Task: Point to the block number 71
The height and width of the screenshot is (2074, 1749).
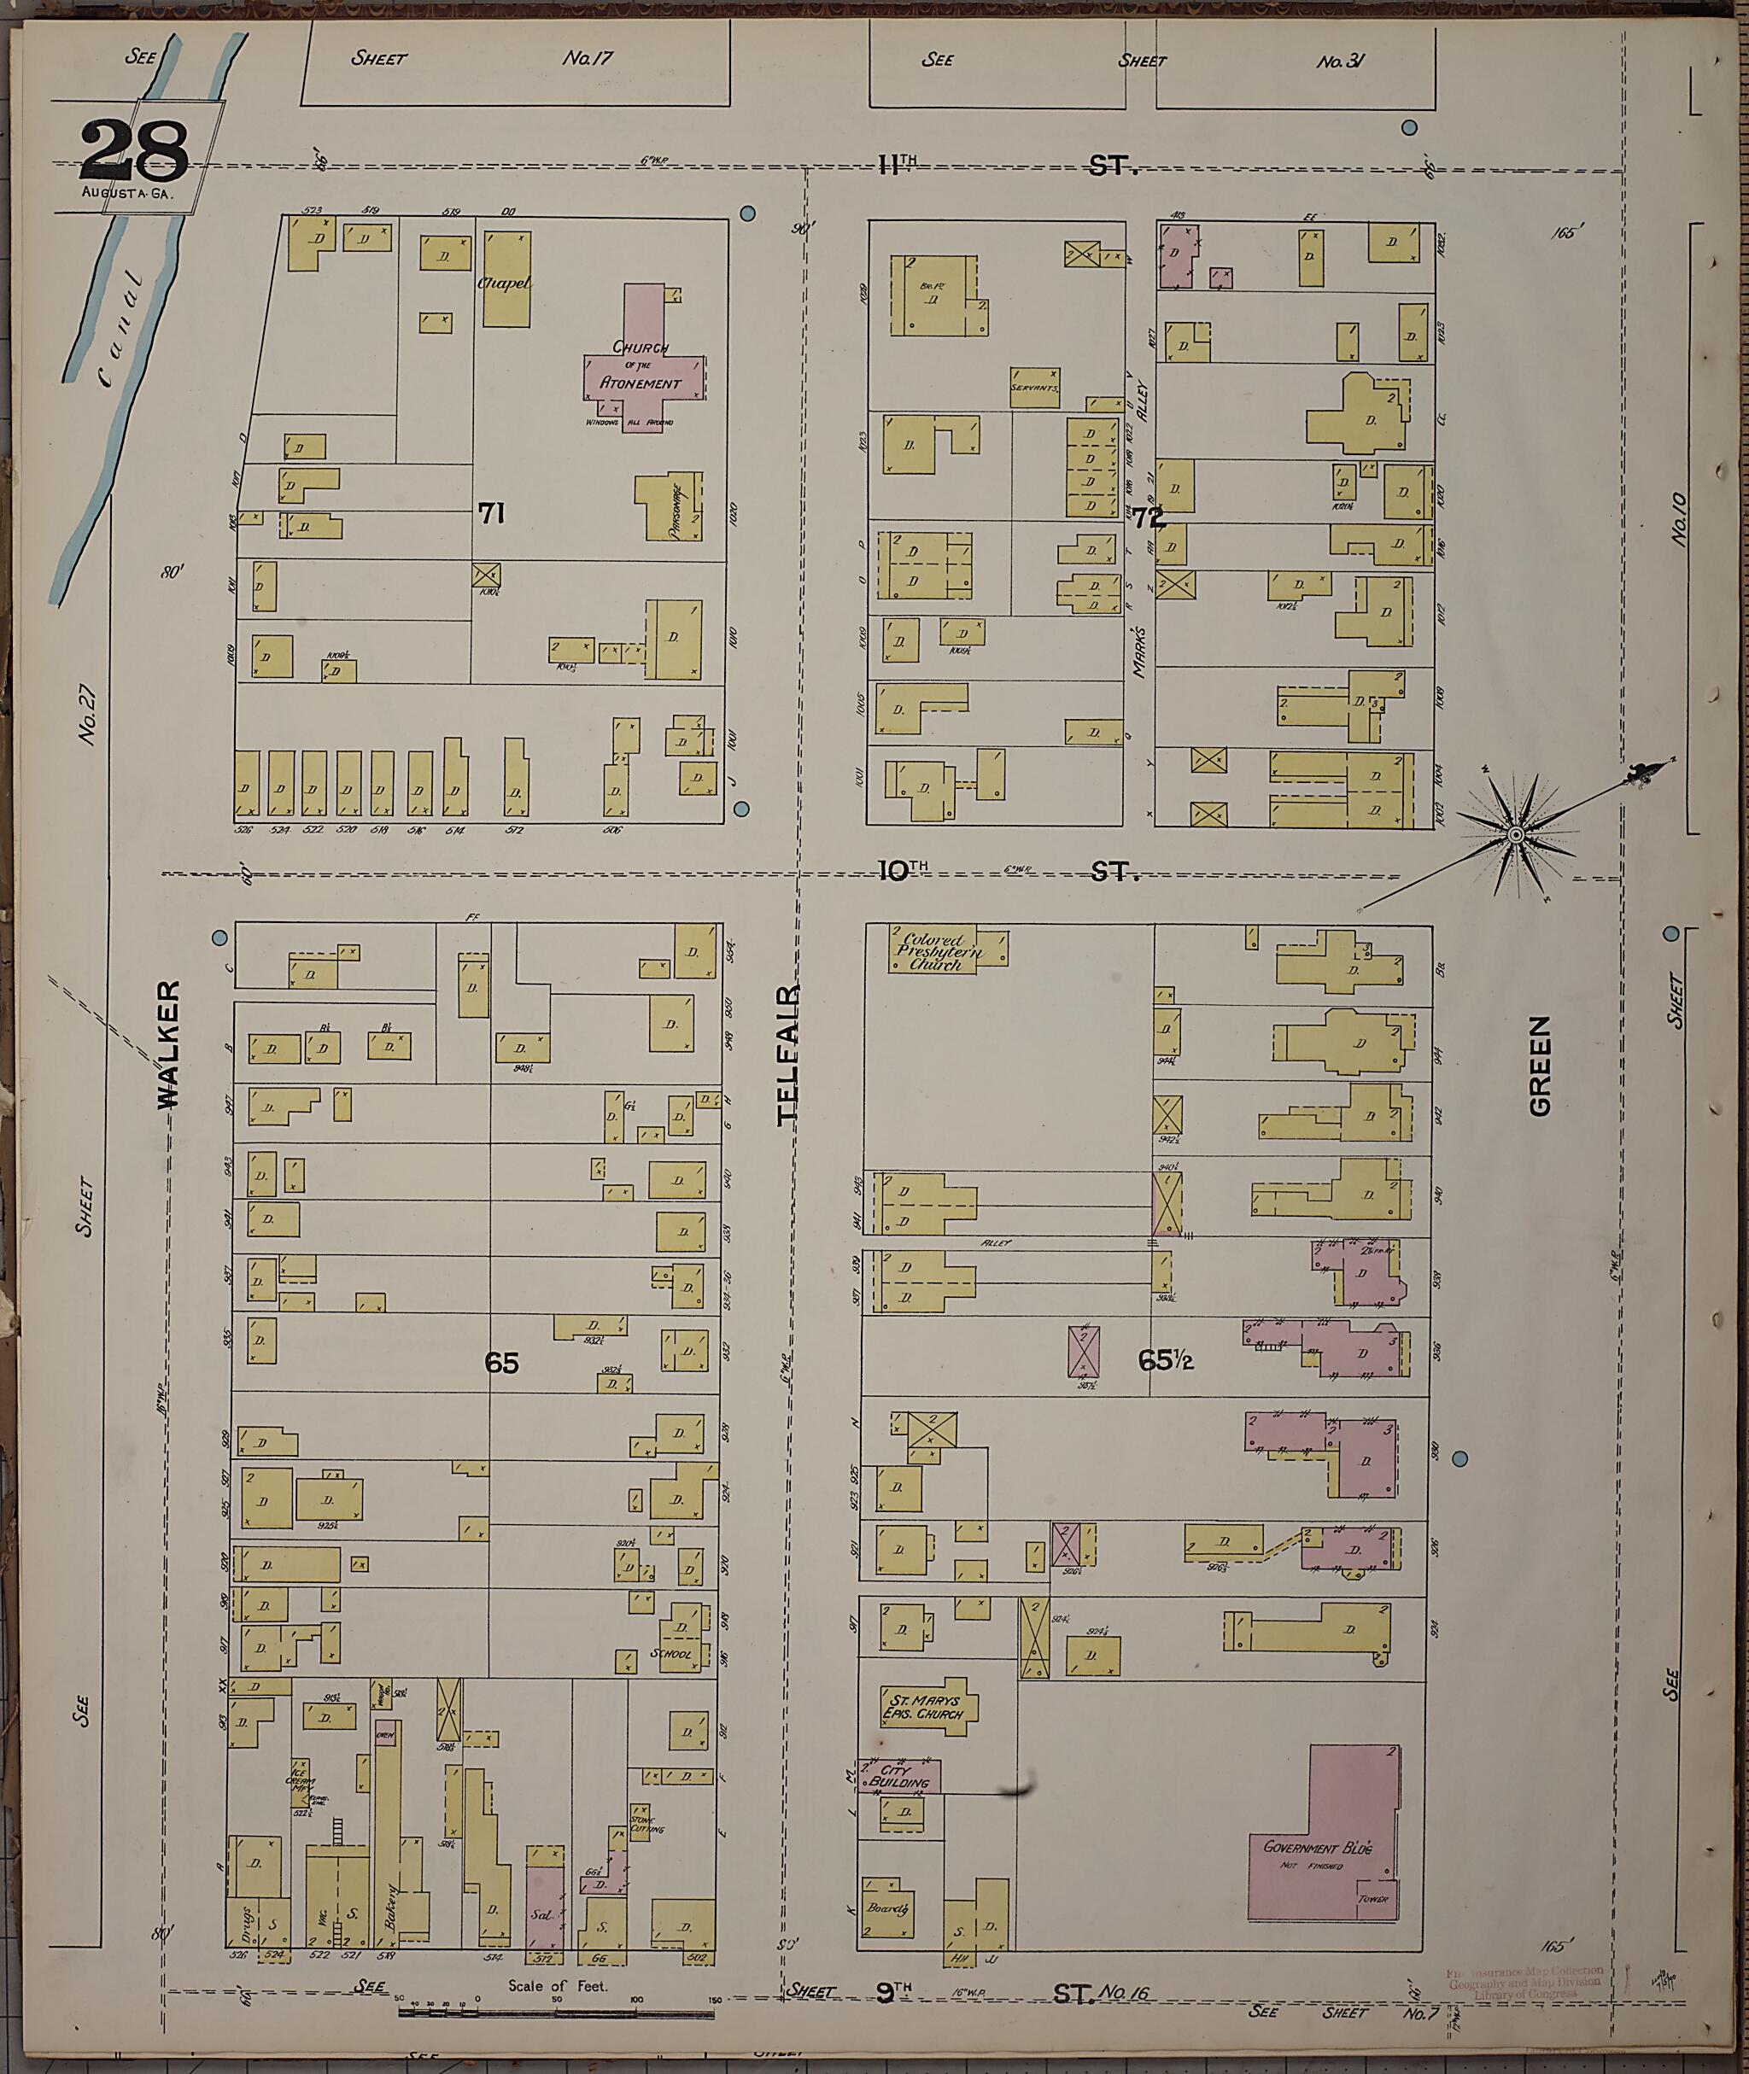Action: tap(492, 513)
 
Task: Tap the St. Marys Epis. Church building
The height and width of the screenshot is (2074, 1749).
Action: tap(927, 1705)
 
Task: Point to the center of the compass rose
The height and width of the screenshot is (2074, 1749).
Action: tap(1514, 836)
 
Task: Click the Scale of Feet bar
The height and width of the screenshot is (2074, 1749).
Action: tap(555, 2013)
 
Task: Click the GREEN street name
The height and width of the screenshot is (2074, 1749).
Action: tap(1539, 1066)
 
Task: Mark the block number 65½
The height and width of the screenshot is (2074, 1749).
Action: tap(1165, 1361)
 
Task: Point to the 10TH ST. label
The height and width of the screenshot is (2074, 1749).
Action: tap(1006, 872)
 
